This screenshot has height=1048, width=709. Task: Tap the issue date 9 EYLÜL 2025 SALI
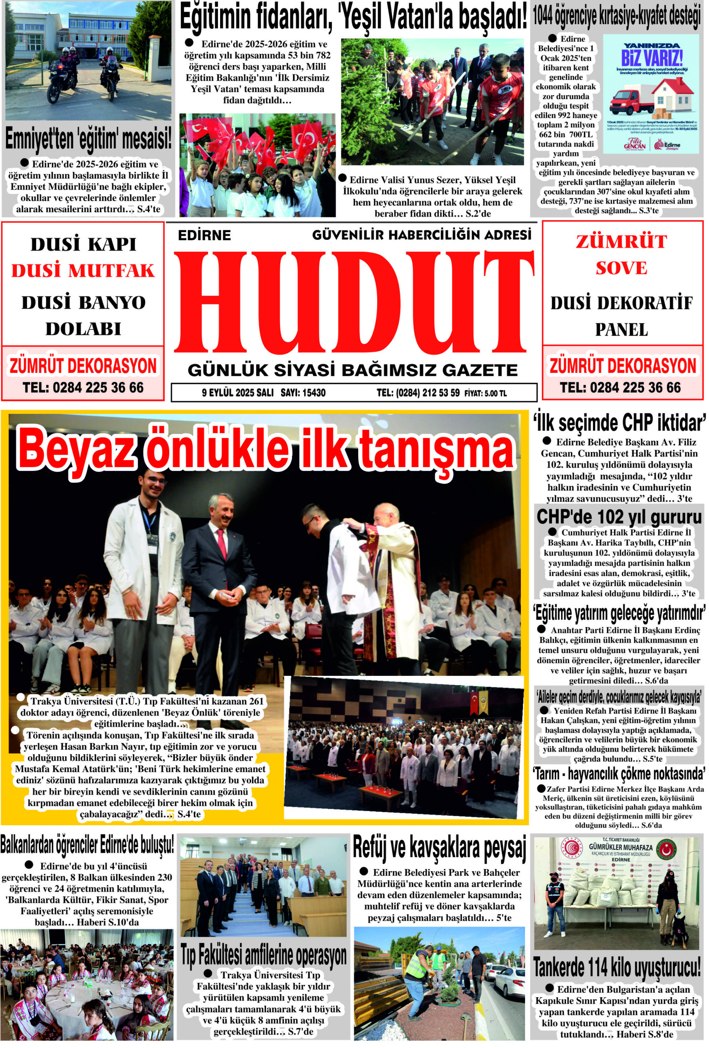coord(237,393)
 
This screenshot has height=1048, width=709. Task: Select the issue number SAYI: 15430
coord(303,393)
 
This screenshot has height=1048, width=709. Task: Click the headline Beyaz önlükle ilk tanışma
coord(266,449)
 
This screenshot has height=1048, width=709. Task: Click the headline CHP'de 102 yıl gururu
coord(619,517)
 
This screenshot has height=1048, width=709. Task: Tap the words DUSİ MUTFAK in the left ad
coord(83,271)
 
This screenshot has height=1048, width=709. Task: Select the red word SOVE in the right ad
coord(621,268)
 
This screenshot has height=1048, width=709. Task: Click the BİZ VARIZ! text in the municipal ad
coord(652,58)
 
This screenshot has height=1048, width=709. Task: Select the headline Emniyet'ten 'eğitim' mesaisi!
coord(88,139)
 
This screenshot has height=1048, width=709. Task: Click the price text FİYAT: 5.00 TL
coord(485,393)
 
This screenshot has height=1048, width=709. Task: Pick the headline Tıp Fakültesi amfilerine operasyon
coord(264,955)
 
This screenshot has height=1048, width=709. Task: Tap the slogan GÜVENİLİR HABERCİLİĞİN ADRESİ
coord(422,235)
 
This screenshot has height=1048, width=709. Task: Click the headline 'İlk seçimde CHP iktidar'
coord(619,423)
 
